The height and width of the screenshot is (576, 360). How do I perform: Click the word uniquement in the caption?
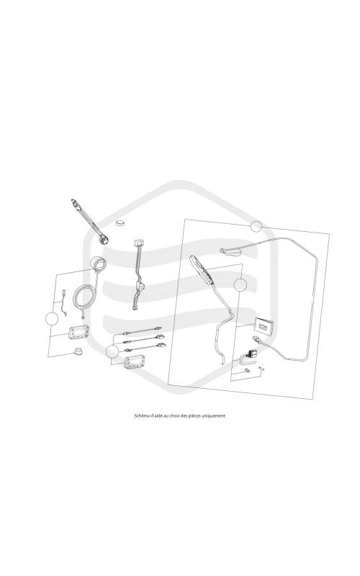click(215, 416)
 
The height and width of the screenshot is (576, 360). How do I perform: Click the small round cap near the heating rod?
click(120, 222)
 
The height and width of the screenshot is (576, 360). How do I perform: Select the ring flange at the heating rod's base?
click(104, 240)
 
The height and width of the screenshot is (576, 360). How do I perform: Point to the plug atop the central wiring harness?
click(139, 243)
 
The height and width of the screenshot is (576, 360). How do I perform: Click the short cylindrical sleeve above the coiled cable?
click(98, 264)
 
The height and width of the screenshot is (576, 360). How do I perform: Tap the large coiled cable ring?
click(85, 297)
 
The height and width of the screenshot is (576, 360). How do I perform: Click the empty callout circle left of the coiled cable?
click(52, 318)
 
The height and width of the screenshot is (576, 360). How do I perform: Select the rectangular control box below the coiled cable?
click(78, 331)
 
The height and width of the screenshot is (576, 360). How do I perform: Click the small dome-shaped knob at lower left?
click(78, 351)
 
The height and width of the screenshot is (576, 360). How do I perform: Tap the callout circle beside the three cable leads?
click(112, 352)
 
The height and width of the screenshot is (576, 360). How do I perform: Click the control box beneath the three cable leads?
click(134, 362)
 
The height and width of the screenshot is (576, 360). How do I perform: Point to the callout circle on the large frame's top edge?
click(256, 227)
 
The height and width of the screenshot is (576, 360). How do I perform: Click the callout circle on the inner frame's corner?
click(240, 284)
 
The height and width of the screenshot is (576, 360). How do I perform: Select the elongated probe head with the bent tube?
click(201, 270)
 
